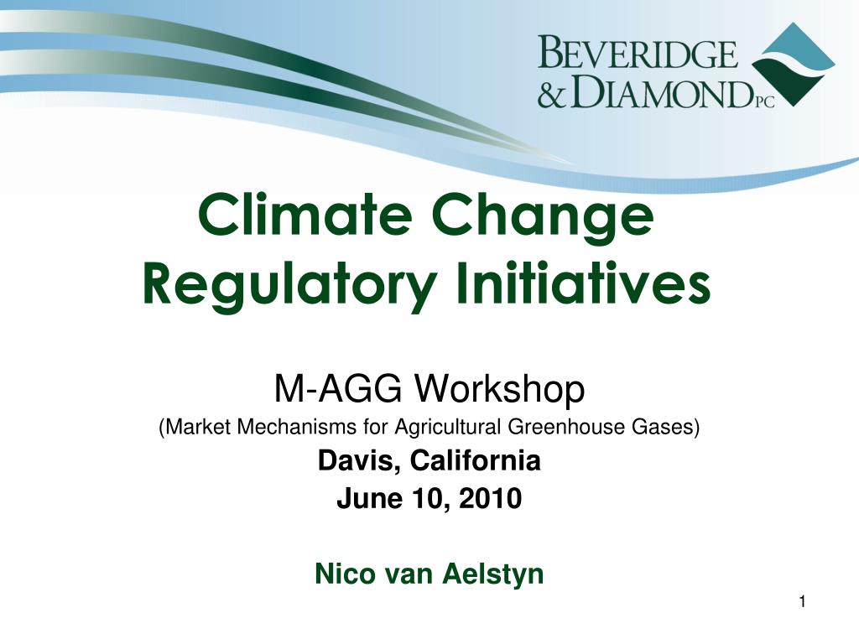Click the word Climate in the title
click(305, 214)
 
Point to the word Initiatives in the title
click(583, 283)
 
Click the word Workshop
click(499, 389)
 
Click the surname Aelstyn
click(493, 574)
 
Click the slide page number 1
click(802, 602)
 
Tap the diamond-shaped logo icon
click(794, 65)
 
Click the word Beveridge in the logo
click(638, 52)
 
